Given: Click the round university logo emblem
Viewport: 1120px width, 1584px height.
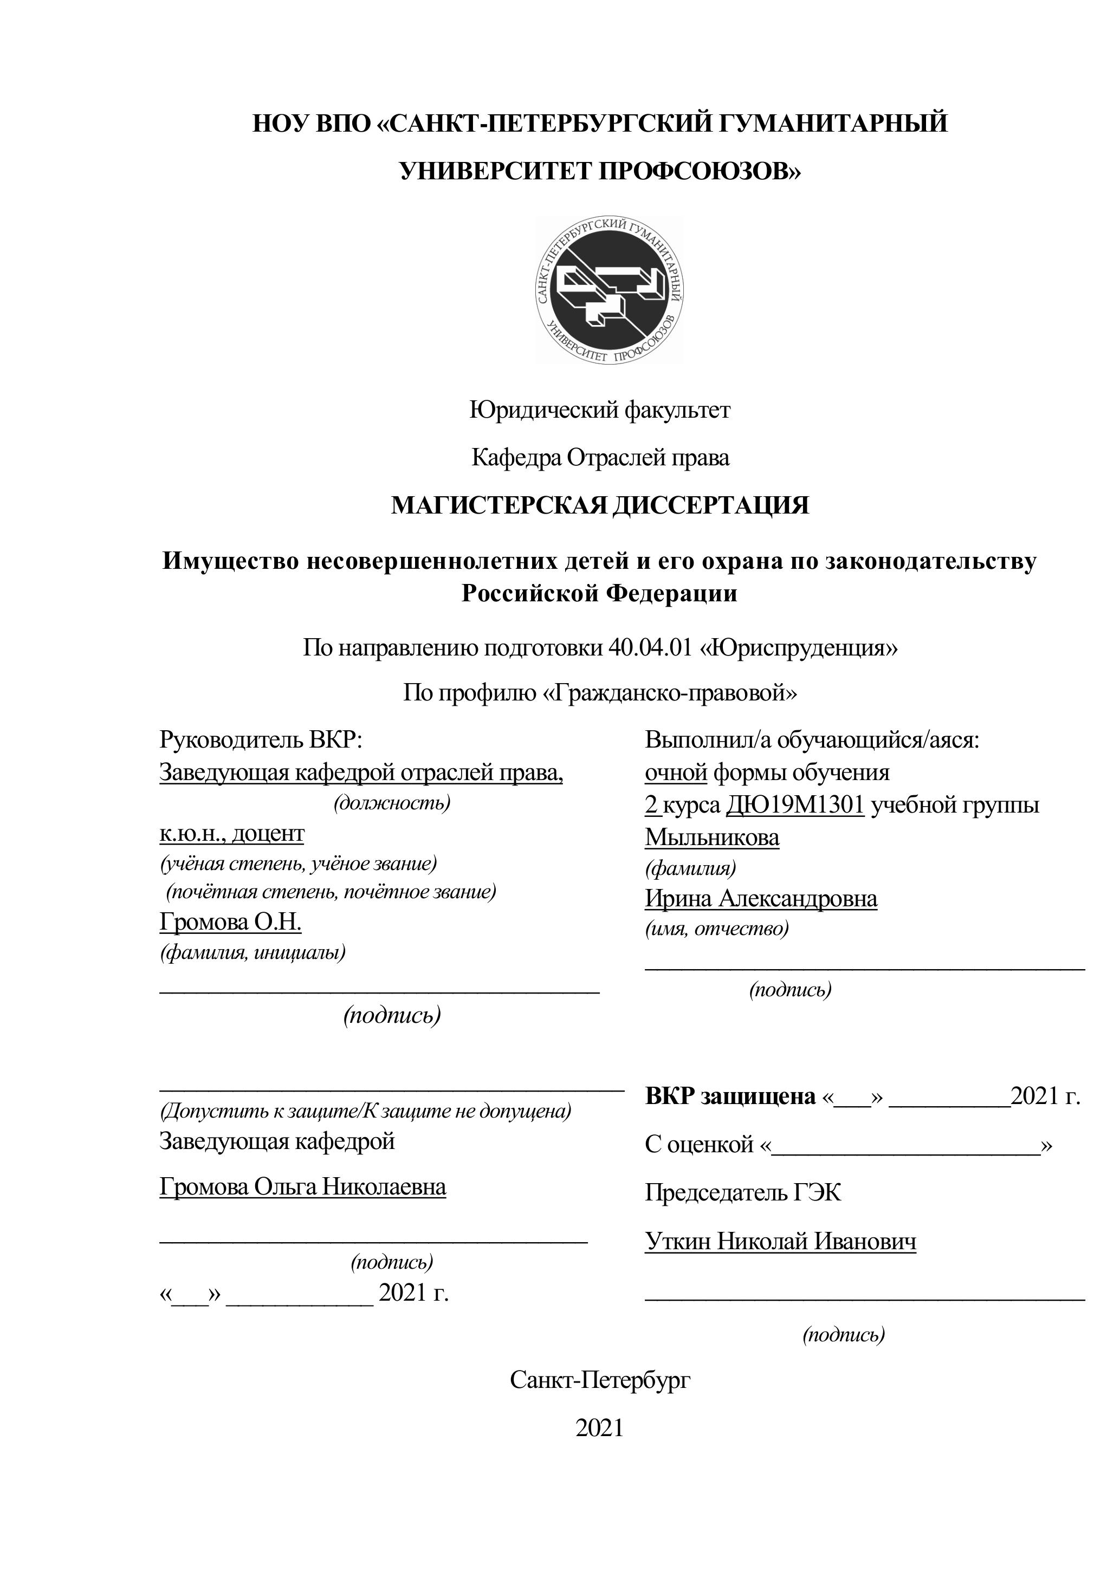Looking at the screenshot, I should click(610, 290).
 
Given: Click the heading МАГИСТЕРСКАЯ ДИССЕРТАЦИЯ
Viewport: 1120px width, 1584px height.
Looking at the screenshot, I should click(600, 505).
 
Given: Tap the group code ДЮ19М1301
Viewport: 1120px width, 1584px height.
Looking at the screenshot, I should click(795, 805).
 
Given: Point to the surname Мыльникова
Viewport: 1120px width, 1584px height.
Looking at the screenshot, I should click(711, 838).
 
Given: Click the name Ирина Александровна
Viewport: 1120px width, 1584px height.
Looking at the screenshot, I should click(761, 899).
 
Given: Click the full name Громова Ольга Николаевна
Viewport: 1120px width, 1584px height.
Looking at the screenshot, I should click(302, 1186).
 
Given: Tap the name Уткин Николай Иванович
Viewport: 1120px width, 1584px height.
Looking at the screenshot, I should click(780, 1242).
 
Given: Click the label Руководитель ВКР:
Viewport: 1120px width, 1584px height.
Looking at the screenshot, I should click(261, 740).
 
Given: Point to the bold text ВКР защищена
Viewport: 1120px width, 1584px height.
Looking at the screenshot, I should click(730, 1096).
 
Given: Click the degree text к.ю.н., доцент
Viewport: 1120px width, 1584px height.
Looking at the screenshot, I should click(232, 833).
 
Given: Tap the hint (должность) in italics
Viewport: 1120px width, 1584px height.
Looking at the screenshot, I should click(391, 803).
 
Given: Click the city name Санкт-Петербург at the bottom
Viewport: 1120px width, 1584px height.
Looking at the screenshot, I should click(600, 1380).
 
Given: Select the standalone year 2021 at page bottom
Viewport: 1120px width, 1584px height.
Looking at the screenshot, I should click(600, 1428).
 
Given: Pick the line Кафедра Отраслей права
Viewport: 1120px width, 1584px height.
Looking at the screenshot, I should click(600, 457).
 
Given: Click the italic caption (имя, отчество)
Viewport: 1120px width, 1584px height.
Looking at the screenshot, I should click(716, 929).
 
